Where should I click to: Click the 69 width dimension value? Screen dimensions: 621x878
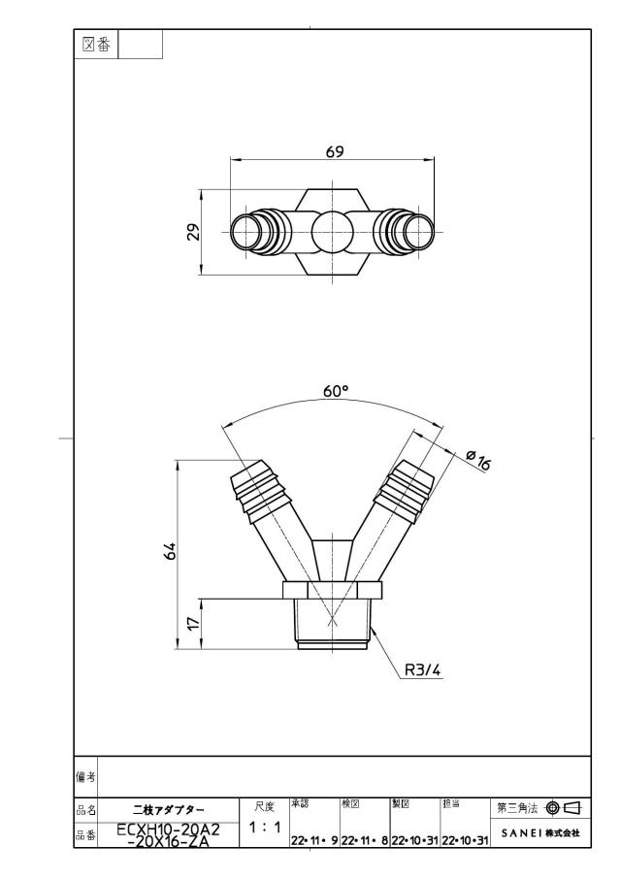click(x=335, y=151)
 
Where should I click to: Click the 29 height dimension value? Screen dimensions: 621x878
click(x=193, y=232)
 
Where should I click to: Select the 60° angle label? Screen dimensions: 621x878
click(x=336, y=391)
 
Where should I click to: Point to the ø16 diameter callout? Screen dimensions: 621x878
click(x=478, y=460)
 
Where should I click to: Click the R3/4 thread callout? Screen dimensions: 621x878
click(x=423, y=669)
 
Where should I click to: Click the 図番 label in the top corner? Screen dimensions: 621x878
click(x=96, y=45)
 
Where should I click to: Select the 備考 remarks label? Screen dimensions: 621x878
click(x=85, y=777)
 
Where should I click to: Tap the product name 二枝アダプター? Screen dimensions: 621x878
click(x=169, y=810)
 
